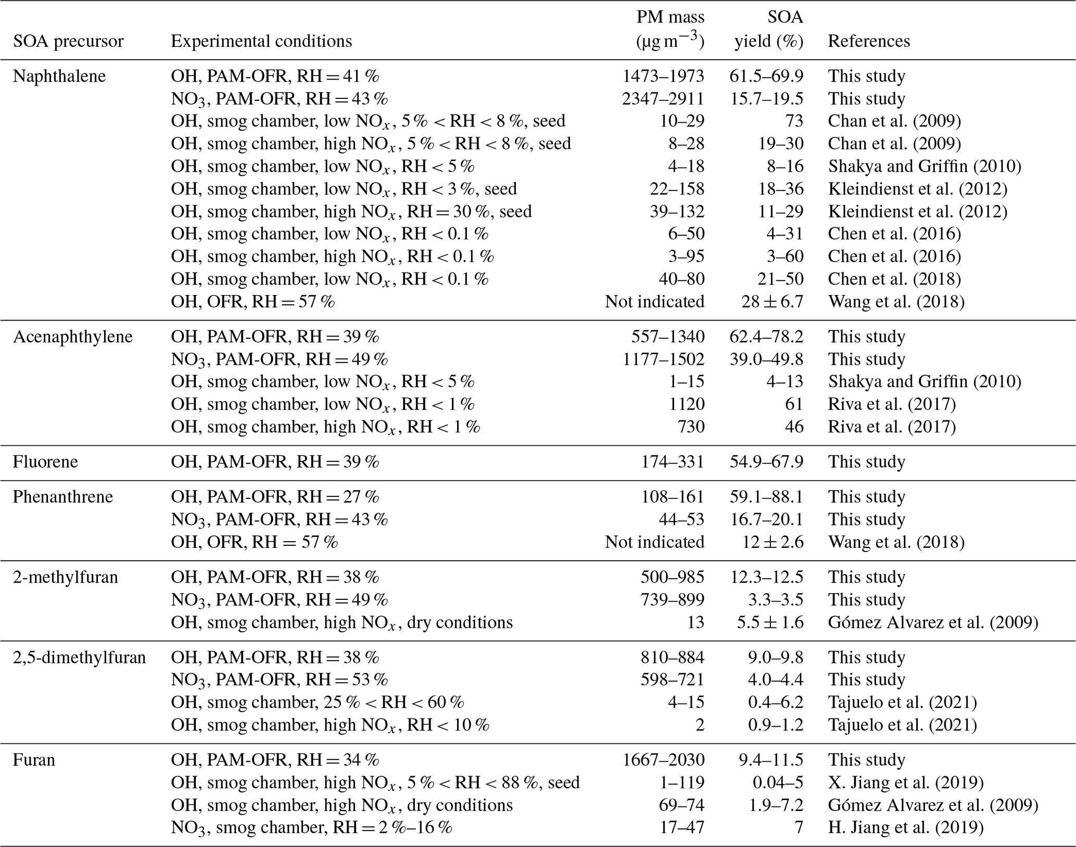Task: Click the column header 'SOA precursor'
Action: click(x=68, y=41)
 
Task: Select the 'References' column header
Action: click(x=869, y=41)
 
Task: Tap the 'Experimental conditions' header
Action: click(x=261, y=41)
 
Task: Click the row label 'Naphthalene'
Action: click(x=59, y=76)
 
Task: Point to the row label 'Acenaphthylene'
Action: click(x=73, y=337)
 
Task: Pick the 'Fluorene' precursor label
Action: click(x=45, y=461)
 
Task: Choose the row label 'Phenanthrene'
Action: click(x=63, y=496)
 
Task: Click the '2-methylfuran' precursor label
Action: click(x=66, y=577)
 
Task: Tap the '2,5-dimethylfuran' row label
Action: click(x=80, y=657)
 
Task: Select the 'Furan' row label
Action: click(x=34, y=760)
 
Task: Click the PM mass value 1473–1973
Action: click(x=663, y=76)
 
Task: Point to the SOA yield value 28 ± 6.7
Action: click(x=773, y=301)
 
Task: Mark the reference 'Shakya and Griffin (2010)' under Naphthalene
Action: click(x=925, y=166)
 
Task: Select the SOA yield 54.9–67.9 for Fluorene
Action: click(x=766, y=461)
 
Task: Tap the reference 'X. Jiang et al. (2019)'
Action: click(x=906, y=782)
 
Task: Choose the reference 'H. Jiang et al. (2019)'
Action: click(x=906, y=827)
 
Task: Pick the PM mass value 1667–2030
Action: click(x=663, y=760)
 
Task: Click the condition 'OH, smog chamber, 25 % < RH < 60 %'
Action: click(x=318, y=702)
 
